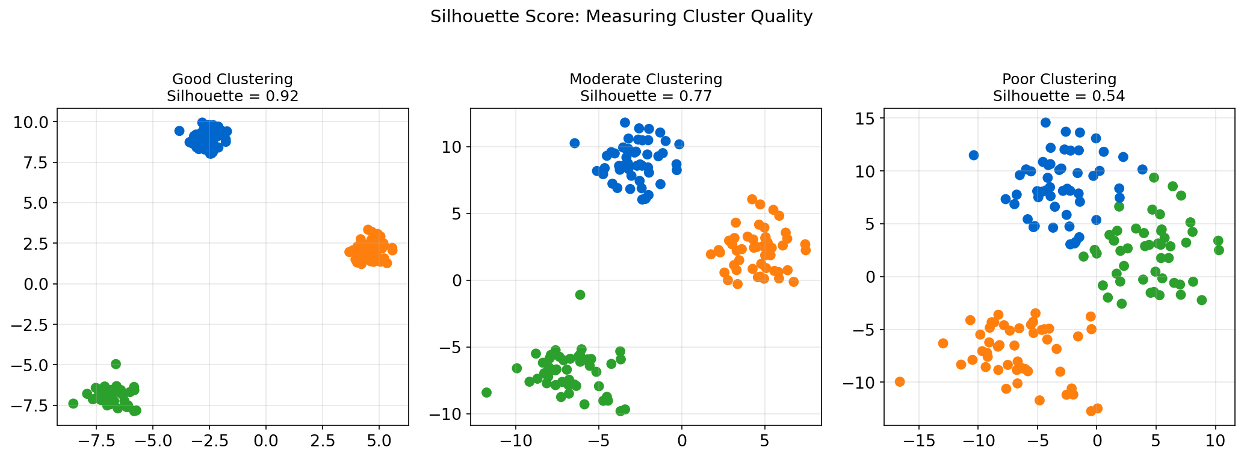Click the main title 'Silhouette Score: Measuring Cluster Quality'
621,17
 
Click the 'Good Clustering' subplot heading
232,79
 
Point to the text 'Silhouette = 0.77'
645,96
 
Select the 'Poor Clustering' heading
1059,79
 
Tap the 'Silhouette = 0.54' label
1059,96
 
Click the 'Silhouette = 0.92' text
232,96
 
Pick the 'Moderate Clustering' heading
645,79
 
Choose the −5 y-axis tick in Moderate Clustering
448,348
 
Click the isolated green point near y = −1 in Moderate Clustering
580,295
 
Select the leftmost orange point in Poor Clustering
900,381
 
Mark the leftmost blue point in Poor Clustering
973,155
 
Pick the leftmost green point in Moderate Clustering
486,392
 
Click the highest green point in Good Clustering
116,364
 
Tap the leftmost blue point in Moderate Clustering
574,143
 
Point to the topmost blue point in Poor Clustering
1045,123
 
